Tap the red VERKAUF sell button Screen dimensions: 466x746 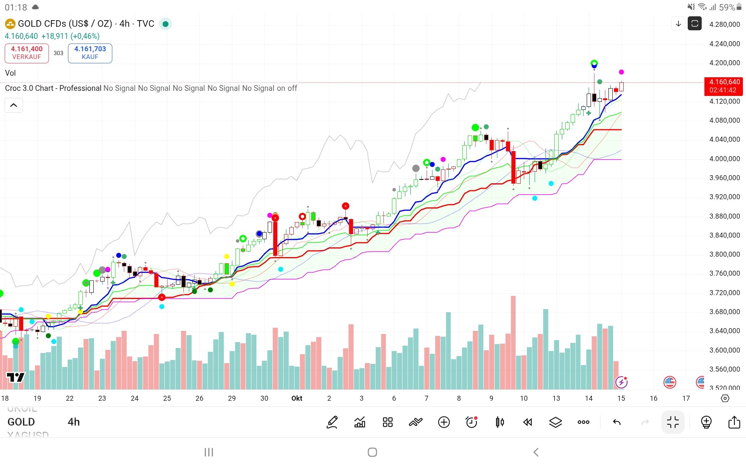point(27,53)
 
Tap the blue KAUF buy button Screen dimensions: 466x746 point(90,53)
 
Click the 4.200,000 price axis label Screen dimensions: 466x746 point(724,63)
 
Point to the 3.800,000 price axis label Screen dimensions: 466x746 point(724,254)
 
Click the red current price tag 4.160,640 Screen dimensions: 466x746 point(723,86)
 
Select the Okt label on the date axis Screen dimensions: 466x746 point(297,398)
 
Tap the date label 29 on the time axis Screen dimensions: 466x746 point(232,398)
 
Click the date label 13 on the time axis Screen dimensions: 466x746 point(556,398)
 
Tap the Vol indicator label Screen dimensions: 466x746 point(10,73)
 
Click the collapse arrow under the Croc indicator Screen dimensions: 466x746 point(14,105)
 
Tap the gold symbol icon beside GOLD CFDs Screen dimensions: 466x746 point(10,24)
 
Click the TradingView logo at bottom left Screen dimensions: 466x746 point(16,377)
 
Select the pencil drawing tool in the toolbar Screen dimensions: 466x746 point(332,422)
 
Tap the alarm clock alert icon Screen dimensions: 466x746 point(472,422)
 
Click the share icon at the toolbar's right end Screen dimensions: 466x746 point(734,422)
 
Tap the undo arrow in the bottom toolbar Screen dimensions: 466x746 point(617,422)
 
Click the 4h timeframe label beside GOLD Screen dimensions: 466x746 point(73,422)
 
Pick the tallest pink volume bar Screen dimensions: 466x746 point(513,342)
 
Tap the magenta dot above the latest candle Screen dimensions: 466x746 point(621,72)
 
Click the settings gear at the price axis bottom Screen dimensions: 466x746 point(725,398)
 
